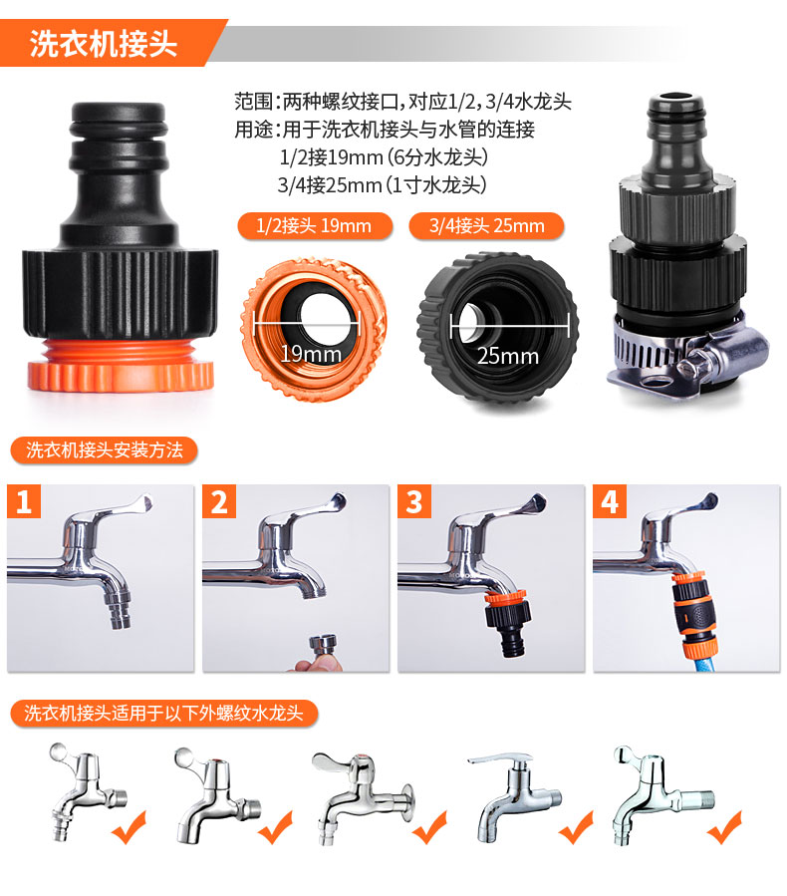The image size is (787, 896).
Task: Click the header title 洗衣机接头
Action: (x=104, y=44)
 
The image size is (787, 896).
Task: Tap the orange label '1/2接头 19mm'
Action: (x=315, y=225)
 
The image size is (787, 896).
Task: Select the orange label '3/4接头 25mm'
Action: (x=486, y=225)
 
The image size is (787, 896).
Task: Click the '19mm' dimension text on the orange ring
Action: (x=311, y=354)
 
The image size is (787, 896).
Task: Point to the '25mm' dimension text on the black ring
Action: (x=508, y=356)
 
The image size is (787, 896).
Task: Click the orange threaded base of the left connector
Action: (x=121, y=366)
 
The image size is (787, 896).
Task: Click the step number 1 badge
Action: (x=24, y=501)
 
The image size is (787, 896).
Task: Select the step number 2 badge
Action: (x=219, y=501)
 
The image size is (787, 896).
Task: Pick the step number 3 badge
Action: (x=414, y=501)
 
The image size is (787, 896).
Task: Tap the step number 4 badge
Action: (x=610, y=501)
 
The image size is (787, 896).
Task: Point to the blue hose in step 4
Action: (x=697, y=664)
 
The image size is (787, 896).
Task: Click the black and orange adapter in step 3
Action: (x=508, y=623)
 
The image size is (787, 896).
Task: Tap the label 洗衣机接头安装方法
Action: (x=104, y=450)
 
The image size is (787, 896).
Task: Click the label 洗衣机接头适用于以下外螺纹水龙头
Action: (x=164, y=714)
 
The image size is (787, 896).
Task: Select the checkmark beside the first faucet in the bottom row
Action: (x=130, y=828)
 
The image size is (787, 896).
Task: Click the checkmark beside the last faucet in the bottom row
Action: (x=724, y=828)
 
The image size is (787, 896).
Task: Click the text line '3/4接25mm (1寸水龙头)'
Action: (x=382, y=185)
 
